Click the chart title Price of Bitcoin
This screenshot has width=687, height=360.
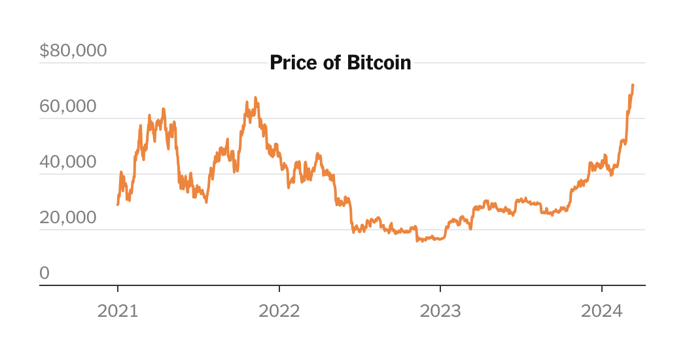coord(340,63)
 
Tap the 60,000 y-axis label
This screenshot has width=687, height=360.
coord(67,106)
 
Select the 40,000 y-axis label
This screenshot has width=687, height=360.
coord(67,162)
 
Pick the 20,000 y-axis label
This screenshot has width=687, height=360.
coord(67,217)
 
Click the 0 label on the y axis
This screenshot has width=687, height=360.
coord(44,273)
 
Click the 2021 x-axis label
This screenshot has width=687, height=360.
coord(118,311)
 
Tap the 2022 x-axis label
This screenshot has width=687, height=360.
coord(279,311)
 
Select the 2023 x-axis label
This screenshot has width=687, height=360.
coord(440,311)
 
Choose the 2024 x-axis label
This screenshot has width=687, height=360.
coord(602,311)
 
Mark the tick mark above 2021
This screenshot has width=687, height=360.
coord(118,288)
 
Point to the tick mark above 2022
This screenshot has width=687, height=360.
coord(279,288)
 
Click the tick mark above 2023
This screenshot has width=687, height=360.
coord(440,288)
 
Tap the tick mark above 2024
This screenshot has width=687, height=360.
coord(602,288)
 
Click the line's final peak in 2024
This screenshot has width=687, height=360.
coord(633,85)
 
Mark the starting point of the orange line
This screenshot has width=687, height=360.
coord(118,205)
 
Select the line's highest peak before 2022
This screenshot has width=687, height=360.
coord(255,97)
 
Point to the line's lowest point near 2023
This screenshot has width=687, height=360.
coord(417,242)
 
